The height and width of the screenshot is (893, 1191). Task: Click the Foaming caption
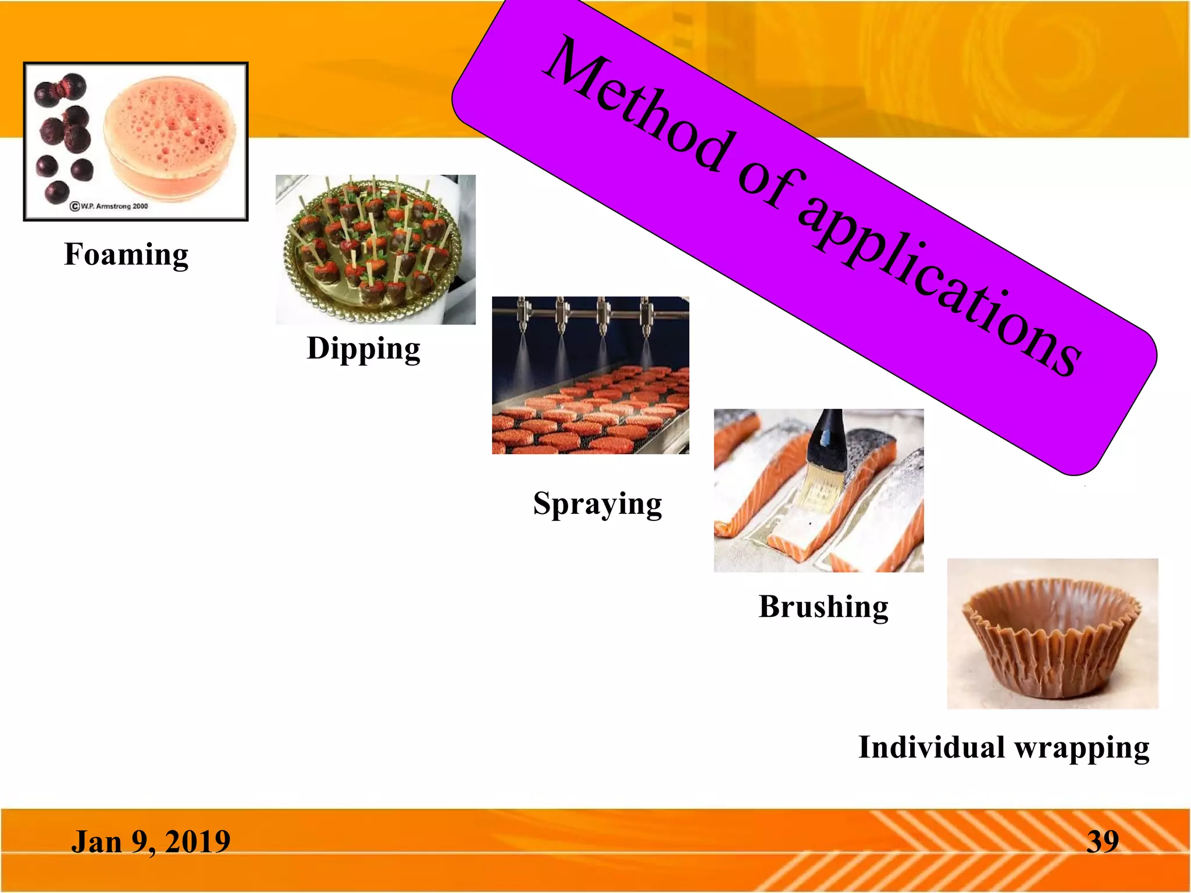pyautogui.click(x=126, y=255)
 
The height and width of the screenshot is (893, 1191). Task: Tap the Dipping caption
pyautogui.click(x=363, y=349)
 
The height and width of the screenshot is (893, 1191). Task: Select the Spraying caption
pyautogui.click(x=597, y=503)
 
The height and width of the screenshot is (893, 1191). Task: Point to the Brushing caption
pyautogui.click(x=823, y=607)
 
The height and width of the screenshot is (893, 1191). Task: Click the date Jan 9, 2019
pyautogui.click(x=151, y=842)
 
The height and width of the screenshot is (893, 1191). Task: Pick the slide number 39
pyautogui.click(x=1103, y=842)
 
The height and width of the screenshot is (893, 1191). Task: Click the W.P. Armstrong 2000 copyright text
pyautogui.click(x=109, y=206)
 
